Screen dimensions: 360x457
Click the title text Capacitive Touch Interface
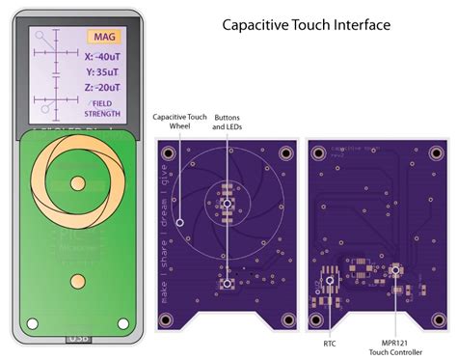306,24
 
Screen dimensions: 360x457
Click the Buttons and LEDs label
228,122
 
